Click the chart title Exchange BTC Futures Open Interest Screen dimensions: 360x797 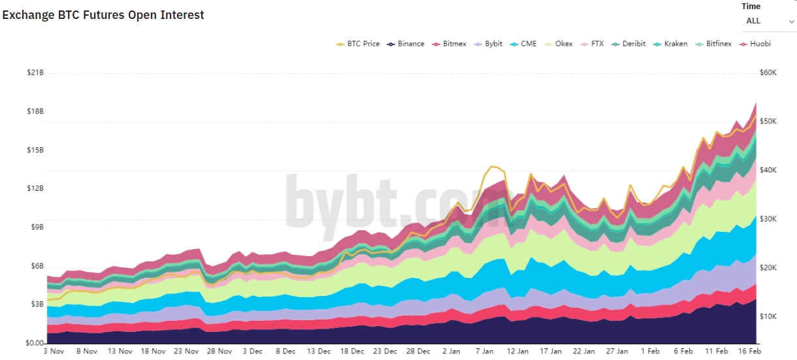tap(103, 15)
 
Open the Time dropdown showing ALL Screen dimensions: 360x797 tap(769, 21)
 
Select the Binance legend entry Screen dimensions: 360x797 tap(406, 44)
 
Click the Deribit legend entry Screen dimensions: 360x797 tap(628, 44)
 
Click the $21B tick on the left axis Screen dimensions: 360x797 tap(35, 72)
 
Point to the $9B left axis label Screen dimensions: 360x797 tap(35, 227)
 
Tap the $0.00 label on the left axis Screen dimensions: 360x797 tap(34, 343)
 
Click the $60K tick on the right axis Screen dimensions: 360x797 tap(768, 73)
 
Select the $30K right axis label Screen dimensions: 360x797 tap(768, 219)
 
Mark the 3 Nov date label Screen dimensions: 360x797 tap(54, 352)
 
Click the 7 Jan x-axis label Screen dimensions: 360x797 tap(484, 352)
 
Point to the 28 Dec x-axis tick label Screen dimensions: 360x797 tap(418, 352)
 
